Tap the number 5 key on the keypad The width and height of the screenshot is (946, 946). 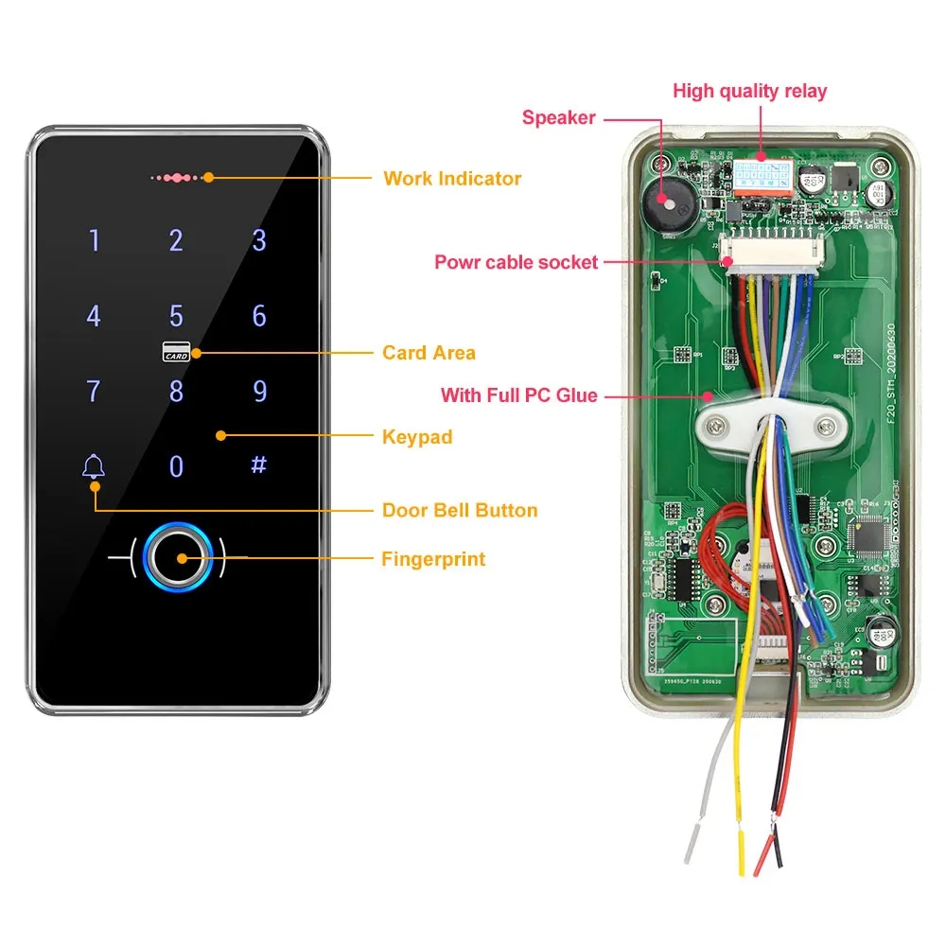tap(176, 315)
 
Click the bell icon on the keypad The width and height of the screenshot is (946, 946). tap(94, 465)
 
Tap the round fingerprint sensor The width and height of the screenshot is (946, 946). tap(177, 559)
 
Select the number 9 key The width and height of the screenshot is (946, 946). tap(259, 391)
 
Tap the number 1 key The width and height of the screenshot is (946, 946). tap(94, 240)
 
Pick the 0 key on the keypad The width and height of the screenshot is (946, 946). tap(176, 466)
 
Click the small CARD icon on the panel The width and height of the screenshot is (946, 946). tap(176, 351)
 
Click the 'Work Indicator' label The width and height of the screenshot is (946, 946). tap(451, 178)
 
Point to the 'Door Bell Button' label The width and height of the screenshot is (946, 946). tap(459, 510)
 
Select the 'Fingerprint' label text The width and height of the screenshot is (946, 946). tap(432, 559)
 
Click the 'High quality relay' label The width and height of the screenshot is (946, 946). tap(749, 92)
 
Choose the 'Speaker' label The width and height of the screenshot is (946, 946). tap(558, 118)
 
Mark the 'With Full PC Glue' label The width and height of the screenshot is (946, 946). tap(519, 394)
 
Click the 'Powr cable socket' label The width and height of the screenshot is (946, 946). tap(516, 262)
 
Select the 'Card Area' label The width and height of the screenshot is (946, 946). tap(429, 353)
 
